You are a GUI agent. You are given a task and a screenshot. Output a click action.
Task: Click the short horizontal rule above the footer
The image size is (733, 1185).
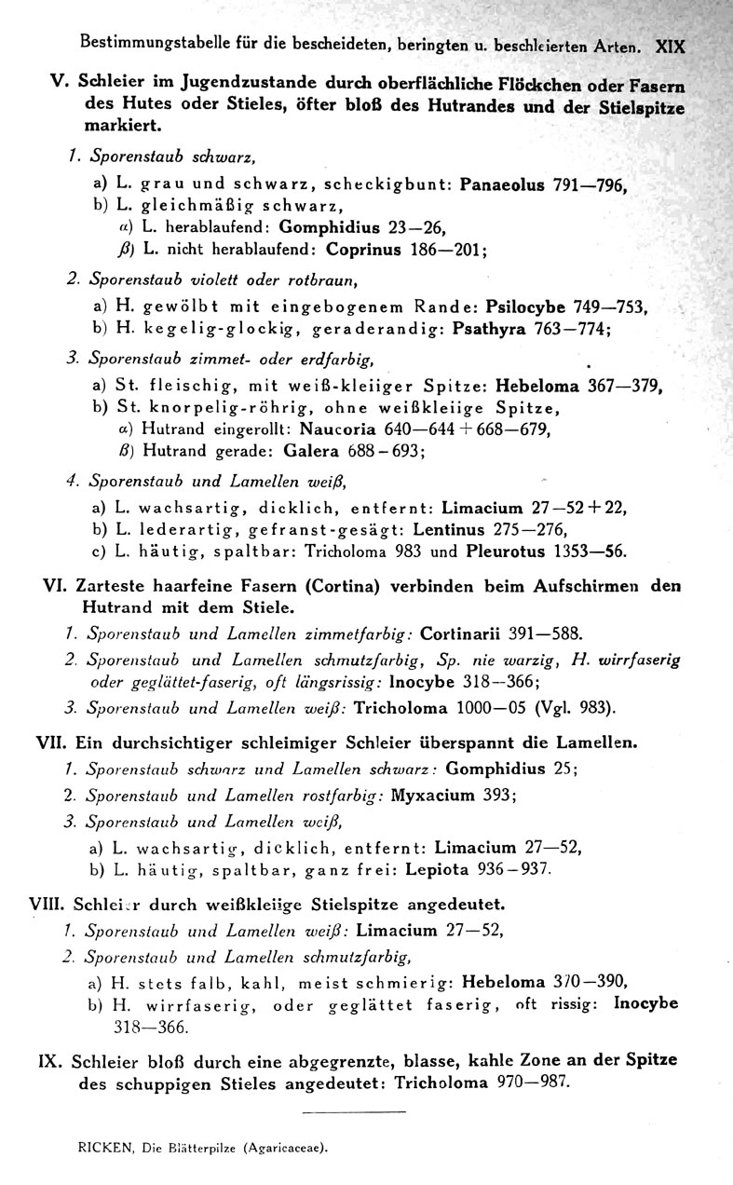[x=355, y=1112]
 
